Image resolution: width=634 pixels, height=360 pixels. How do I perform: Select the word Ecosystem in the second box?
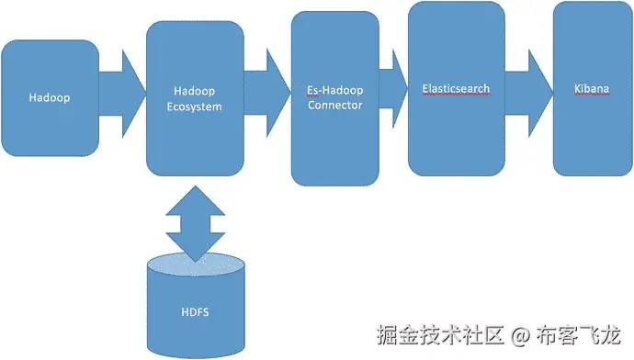[198, 107]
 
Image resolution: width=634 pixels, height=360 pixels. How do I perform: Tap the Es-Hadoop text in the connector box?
[335, 91]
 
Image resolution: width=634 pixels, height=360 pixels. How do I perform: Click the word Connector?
[335, 105]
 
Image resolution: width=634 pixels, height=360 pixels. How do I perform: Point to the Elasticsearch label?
[456, 88]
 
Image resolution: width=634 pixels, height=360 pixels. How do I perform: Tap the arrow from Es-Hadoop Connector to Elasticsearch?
[393, 88]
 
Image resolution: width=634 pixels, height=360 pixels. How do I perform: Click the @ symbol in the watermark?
[520, 333]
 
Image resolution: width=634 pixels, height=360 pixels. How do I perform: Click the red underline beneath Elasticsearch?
[456, 95]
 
